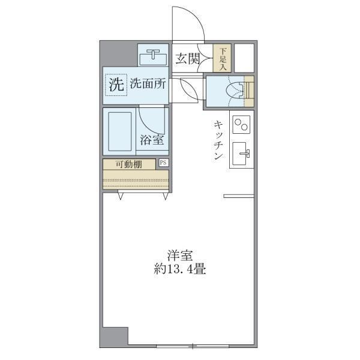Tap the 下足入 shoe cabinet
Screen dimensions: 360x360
coord(222,59)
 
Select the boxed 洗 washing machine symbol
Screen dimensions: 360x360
coord(115,85)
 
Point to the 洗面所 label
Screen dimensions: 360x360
coord(148,85)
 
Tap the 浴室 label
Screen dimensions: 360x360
coord(152,141)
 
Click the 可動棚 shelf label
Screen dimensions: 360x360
coord(129,164)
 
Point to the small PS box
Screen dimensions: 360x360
coord(163,163)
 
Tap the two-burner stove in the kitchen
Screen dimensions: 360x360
coord(241,125)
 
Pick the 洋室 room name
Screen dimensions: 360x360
coord(180,254)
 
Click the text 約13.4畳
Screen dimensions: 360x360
coord(179,269)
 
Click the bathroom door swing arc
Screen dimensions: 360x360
coord(150,117)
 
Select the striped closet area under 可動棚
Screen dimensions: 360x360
coord(135,179)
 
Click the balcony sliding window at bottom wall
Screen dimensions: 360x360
coord(192,346)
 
